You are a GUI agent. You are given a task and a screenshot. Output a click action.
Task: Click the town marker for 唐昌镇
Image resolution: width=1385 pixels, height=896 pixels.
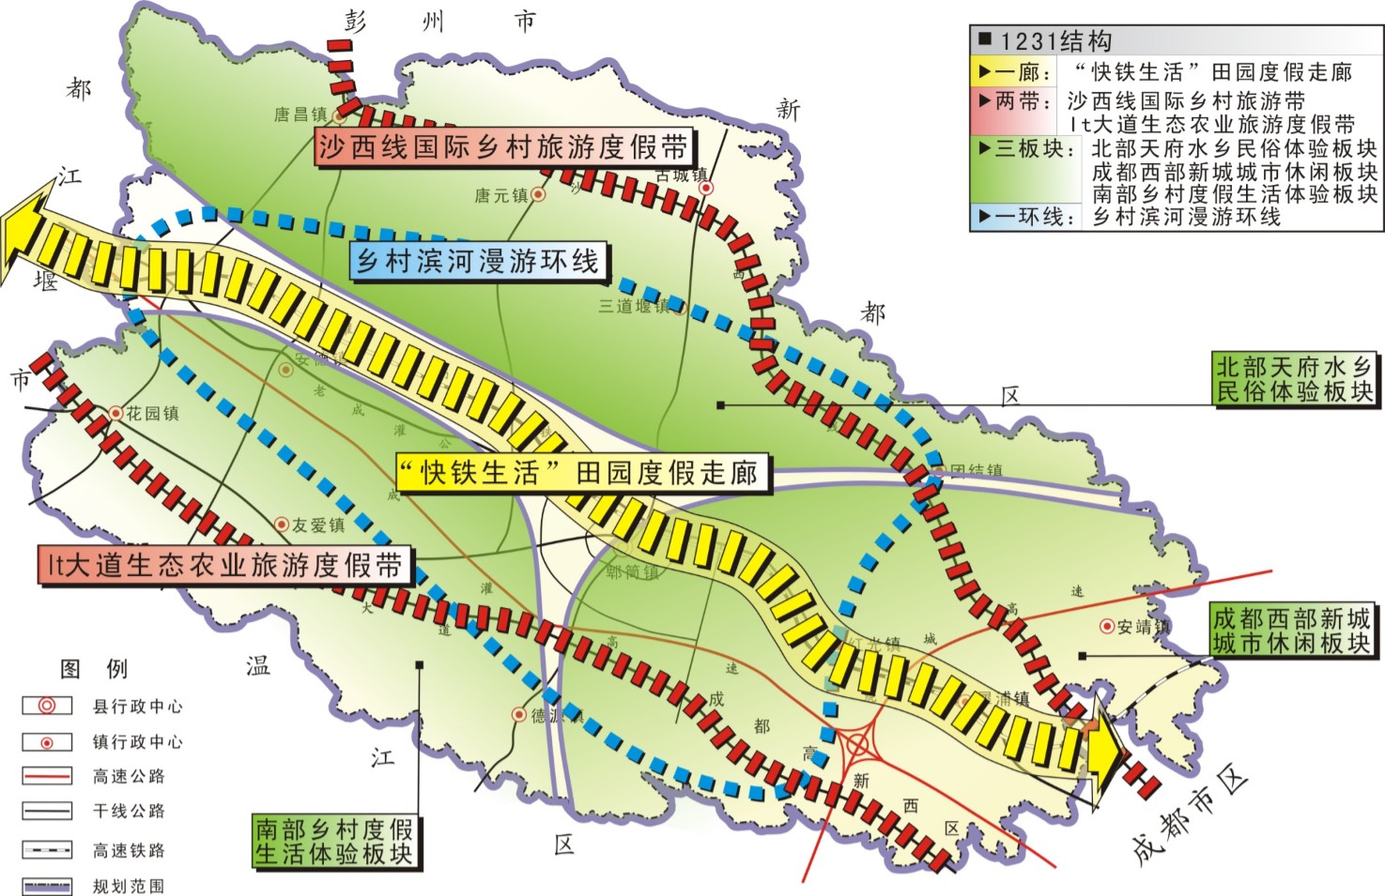[340, 118]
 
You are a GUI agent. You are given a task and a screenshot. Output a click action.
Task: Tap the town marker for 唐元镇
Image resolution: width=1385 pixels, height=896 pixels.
[538, 194]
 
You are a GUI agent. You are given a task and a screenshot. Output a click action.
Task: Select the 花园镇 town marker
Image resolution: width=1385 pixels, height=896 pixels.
[115, 412]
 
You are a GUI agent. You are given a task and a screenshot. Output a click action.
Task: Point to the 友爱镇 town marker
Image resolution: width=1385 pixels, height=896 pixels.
[281, 524]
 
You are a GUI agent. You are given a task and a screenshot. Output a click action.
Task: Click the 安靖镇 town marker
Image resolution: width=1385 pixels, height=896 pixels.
[1107, 626]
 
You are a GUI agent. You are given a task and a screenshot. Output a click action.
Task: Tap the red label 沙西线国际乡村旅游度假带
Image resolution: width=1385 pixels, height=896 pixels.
[503, 147]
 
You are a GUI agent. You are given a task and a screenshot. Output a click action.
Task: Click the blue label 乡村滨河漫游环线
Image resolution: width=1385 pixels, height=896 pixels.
[479, 260]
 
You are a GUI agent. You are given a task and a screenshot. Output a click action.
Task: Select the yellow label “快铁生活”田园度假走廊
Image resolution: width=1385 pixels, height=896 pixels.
[582, 472]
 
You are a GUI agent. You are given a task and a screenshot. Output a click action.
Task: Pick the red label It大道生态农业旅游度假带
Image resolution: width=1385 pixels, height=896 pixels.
[225, 565]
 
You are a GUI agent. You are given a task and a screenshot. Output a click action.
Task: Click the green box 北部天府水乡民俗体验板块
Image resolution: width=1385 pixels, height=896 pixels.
[1294, 379]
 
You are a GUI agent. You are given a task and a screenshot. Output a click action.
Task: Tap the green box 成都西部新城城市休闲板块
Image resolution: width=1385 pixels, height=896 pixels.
[1292, 630]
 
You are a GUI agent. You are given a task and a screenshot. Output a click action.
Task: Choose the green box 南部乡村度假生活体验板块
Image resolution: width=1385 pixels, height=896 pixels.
[334, 841]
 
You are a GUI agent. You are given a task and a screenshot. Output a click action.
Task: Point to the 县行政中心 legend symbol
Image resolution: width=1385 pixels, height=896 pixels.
[47, 706]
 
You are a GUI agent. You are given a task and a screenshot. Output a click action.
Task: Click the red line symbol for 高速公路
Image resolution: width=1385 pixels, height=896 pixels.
[47, 776]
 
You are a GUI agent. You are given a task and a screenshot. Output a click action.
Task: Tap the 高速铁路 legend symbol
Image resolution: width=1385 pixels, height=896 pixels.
[47, 850]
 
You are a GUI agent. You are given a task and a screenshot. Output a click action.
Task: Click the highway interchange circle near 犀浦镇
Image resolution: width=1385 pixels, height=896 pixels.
[856, 746]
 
